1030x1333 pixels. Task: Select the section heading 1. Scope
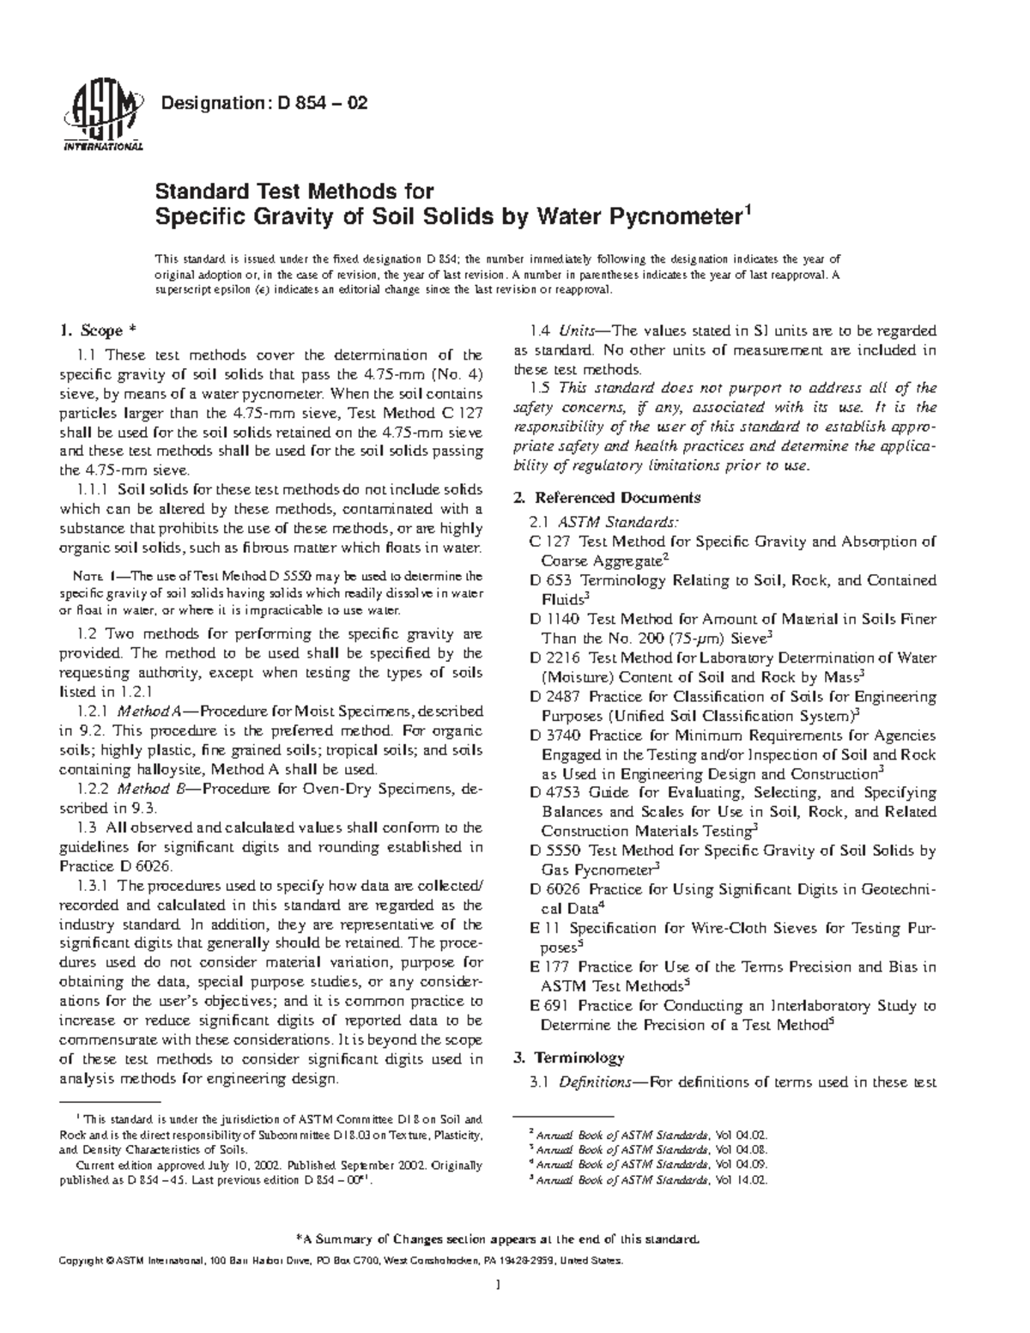coord(96,330)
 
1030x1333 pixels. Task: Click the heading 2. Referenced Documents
coord(618,498)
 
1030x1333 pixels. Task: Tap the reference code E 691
coord(550,1005)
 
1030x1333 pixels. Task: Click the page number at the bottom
coord(497,1309)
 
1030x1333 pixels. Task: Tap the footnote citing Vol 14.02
coord(648,1180)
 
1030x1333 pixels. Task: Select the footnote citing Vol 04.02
coord(648,1134)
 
